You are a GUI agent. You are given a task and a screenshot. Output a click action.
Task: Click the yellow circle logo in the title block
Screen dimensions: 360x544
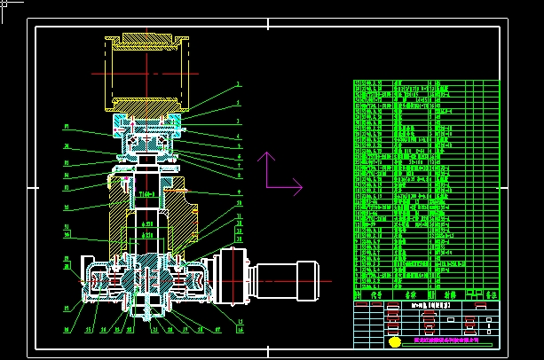point(394,341)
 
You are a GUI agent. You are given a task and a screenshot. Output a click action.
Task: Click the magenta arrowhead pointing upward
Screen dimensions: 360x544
point(265,158)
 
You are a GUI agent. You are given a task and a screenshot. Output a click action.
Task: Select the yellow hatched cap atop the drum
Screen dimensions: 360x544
point(143,39)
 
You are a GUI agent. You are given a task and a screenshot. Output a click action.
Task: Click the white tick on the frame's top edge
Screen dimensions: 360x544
point(272,27)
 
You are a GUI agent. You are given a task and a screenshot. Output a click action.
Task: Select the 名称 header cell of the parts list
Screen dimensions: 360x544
point(411,293)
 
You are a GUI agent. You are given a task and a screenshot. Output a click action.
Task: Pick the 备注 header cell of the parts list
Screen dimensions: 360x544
point(490,293)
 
